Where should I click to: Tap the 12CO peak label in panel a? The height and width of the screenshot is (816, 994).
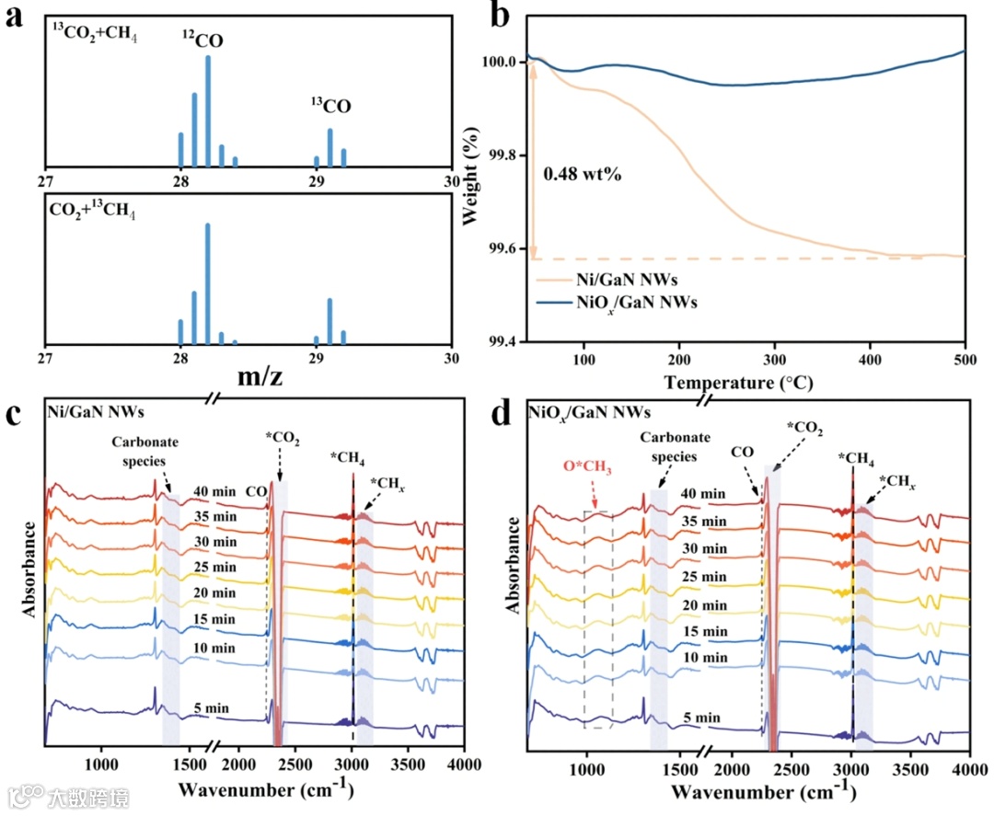pos(201,40)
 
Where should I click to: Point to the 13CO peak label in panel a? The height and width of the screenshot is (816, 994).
pos(330,107)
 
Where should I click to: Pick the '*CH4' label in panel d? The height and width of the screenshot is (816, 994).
pos(856,457)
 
